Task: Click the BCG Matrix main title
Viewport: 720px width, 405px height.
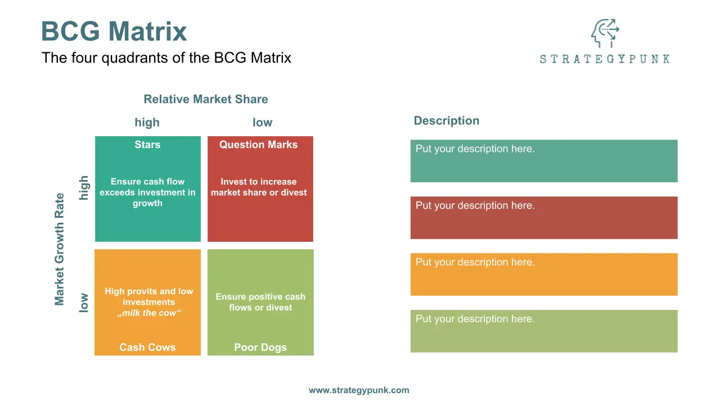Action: [x=114, y=31]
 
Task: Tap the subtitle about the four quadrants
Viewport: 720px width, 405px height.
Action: [x=166, y=58]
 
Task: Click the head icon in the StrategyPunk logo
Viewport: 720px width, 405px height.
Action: [x=605, y=33]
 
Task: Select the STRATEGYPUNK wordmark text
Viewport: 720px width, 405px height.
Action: [x=605, y=59]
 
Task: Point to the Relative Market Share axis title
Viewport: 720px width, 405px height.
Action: [x=206, y=99]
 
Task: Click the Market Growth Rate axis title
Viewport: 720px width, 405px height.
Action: [x=60, y=249]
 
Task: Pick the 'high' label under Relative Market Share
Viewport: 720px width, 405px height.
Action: [x=147, y=123]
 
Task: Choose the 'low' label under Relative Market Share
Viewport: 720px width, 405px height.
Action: [x=262, y=123]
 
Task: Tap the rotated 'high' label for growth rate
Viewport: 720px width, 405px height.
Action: [x=84, y=188]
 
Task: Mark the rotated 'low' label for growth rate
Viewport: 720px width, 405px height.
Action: [x=84, y=303]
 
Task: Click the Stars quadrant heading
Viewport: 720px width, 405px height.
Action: [x=147, y=145]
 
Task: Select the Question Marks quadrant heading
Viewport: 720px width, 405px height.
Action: [x=258, y=145]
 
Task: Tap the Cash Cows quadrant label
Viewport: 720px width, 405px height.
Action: [x=147, y=347]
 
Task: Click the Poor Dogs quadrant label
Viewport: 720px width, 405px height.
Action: [x=260, y=347]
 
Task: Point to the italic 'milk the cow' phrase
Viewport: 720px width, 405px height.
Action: [x=149, y=313]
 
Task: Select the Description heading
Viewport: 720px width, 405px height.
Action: [x=447, y=120]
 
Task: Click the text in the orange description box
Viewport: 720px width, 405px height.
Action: [x=475, y=262]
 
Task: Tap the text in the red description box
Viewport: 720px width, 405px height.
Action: [x=475, y=206]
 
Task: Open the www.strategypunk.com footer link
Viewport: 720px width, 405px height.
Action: [x=359, y=390]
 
